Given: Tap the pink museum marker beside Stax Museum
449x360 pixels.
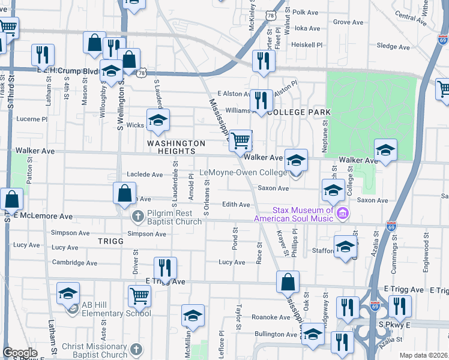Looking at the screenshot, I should (x=343, y=213).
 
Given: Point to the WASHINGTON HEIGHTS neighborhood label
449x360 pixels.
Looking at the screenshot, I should (x=177, y=148).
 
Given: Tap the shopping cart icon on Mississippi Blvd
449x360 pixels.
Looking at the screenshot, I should (x=241, y=141).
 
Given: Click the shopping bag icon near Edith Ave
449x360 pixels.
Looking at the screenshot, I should (x=124, y=194).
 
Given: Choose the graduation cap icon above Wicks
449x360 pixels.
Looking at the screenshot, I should (x=158, y=120).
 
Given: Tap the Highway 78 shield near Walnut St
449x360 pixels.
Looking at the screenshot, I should (x=271, y=14).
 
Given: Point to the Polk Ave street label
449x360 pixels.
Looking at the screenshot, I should (x=305, y=12).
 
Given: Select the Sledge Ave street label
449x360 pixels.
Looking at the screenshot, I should (x=393, y=46).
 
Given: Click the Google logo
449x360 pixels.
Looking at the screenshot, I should (x=20, y=353).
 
